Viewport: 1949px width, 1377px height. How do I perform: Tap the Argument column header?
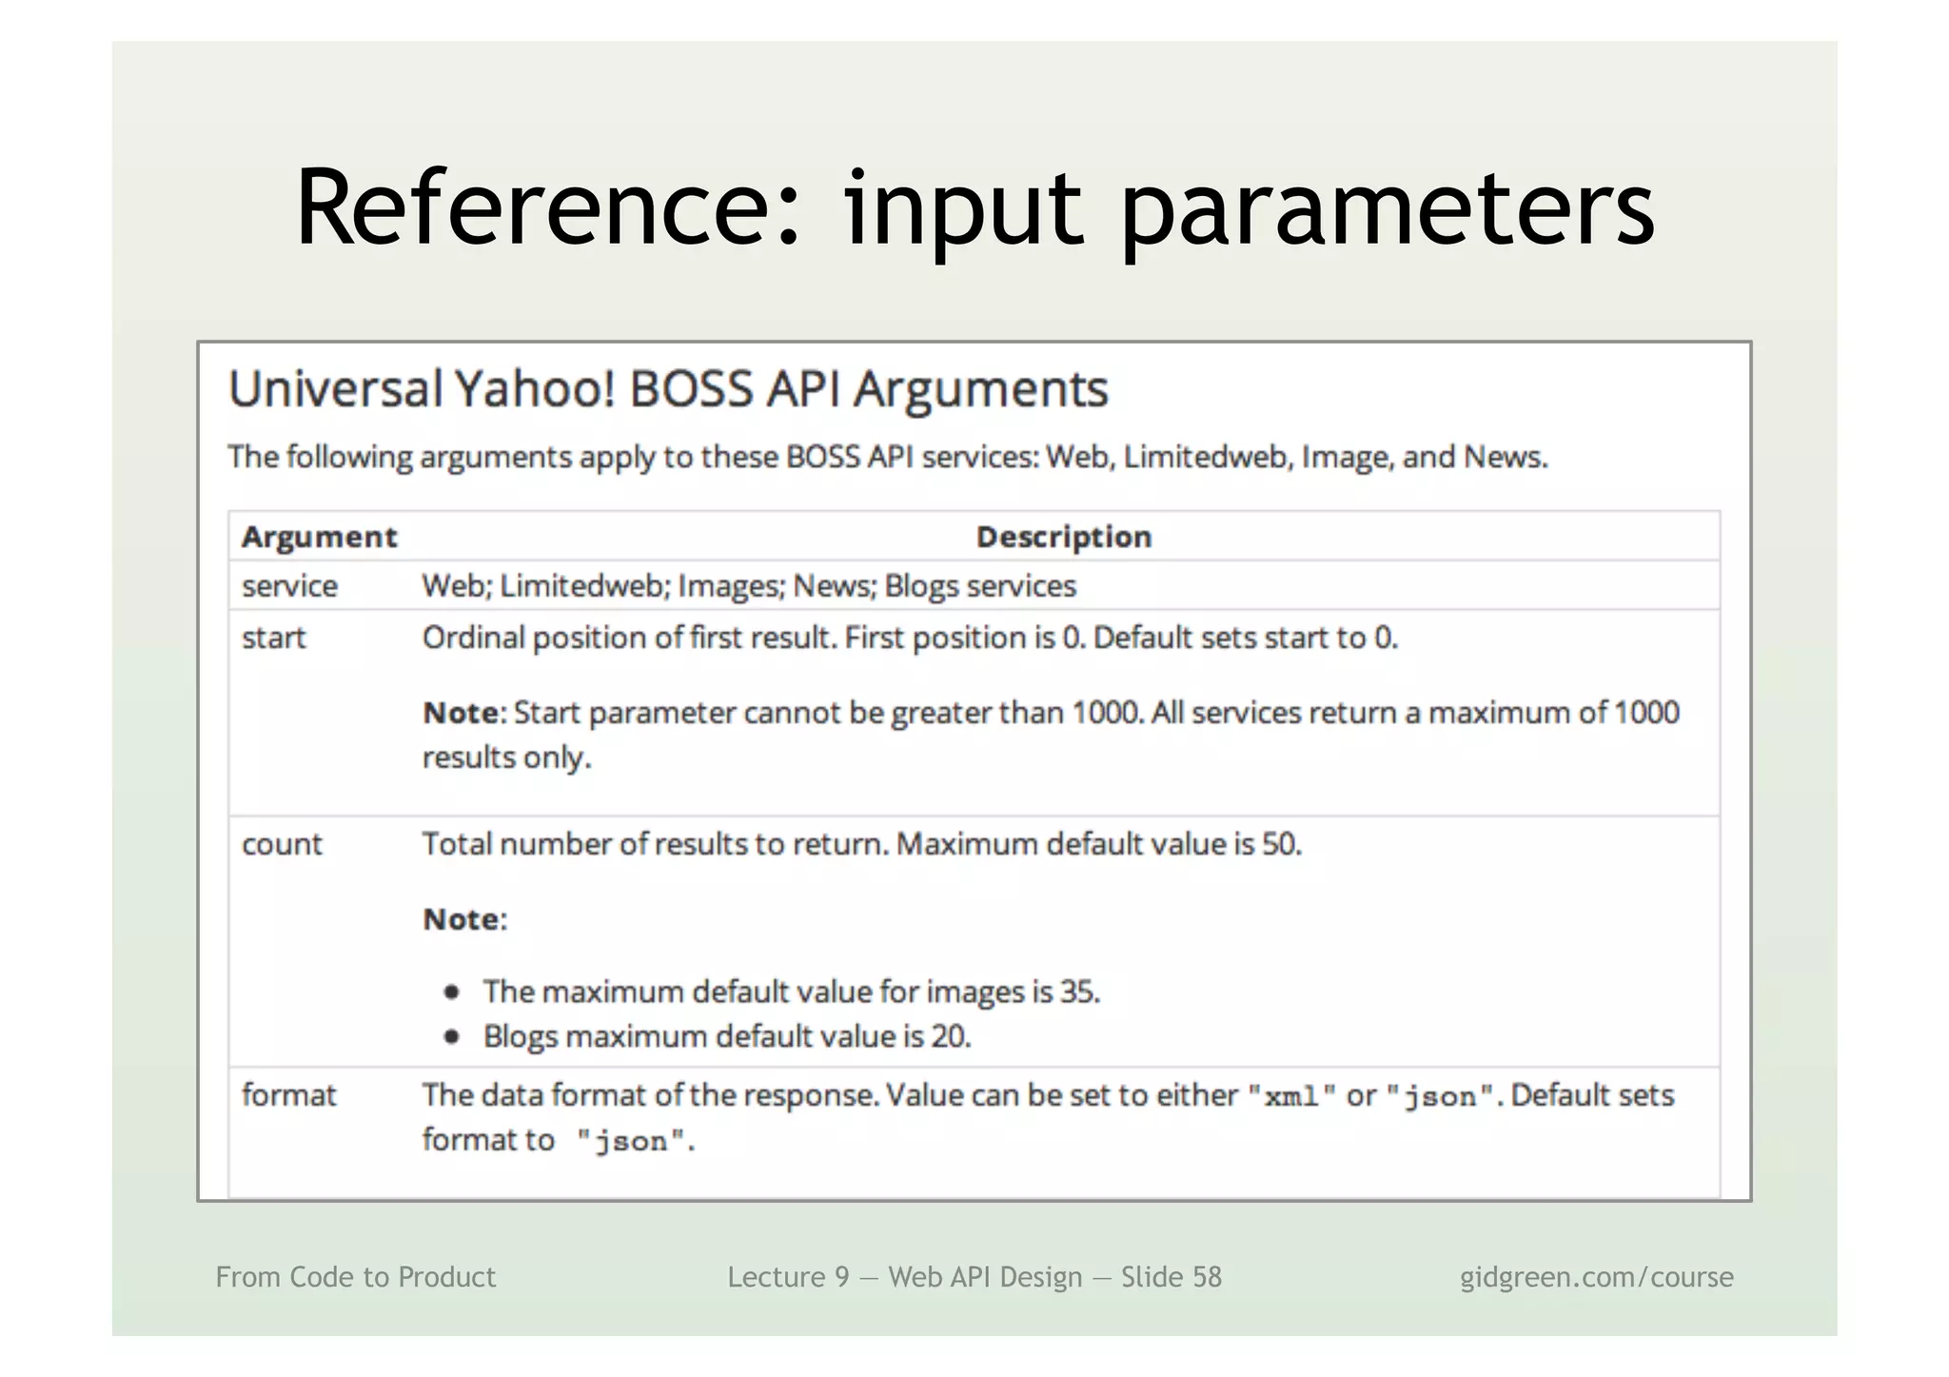(x=319, y=537)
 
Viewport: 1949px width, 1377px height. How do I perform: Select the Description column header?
(x=1064, y=537)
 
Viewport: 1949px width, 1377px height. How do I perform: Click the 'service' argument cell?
(x=289, y=586)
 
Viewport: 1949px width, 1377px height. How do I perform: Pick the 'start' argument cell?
(x=274, y=638)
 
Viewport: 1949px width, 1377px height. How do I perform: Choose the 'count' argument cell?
(x=282, y=844)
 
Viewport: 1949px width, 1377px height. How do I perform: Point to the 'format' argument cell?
(x=289, y=1095)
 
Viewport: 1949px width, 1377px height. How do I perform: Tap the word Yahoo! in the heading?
(x=535, y=389)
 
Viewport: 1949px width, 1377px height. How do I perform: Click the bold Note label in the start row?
(x=461, y=713)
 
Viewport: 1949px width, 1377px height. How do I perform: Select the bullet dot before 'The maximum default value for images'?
(x=452, y=993)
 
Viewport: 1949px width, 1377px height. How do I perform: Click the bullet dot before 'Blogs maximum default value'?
(x=452, y=1036)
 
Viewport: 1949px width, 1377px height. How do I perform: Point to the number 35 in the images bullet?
(x=1079, y=993)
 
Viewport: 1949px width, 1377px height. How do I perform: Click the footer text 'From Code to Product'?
(x=356, y=1277)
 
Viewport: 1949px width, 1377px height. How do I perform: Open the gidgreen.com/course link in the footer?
(x=1597, y=1277)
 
